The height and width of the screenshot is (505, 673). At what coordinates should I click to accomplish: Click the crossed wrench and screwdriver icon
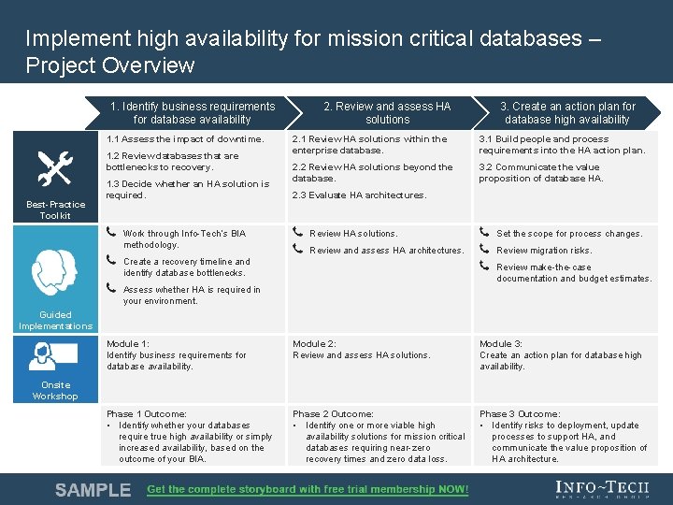click(x=54, y=168)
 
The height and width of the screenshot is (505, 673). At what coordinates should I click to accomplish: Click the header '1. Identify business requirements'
click(x=193, y=113)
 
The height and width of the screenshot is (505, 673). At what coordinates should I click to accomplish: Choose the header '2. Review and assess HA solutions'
click(x=387, y=113)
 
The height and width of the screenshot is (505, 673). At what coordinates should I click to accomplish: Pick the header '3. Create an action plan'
click(x=567, y=113)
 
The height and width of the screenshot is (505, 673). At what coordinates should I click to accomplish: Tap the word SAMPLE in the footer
click(x=93, y=490)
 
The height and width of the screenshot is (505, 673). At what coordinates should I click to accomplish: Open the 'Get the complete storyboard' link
click(x=308, y=490)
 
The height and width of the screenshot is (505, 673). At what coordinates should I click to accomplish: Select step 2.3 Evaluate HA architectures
click(x=359, y=195)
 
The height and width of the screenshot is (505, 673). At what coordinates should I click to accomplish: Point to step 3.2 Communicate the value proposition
click(x=540, y=173)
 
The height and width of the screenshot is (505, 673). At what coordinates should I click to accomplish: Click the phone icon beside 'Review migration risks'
click(x=484, y=249)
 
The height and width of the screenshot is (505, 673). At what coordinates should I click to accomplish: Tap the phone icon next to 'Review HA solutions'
click(x=297, y=232)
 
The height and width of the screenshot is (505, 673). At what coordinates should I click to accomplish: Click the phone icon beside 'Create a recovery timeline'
click(x=111, y=260)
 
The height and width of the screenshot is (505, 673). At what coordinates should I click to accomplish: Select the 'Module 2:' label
click(x=314, y=344)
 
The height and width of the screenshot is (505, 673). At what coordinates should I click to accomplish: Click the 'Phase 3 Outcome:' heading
click(x=520, y=414)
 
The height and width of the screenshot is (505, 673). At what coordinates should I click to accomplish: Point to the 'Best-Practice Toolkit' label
click(x=55, y=210)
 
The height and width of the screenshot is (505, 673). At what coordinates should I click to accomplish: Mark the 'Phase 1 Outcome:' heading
click(x=146, y=414)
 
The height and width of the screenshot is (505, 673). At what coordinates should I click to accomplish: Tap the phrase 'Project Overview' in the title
click(x=110, y=65)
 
